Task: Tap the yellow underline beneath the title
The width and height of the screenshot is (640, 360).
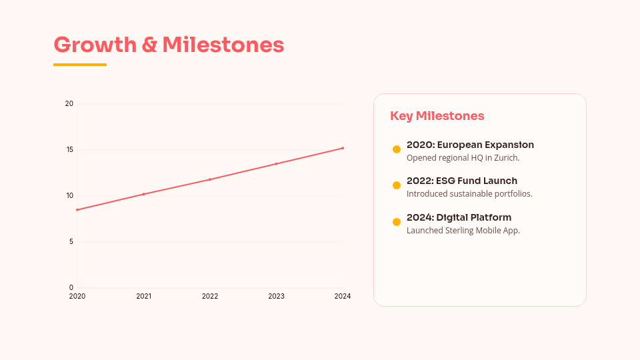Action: [x=80, y=65]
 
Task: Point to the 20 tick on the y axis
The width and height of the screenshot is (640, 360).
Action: [x=69, y=103]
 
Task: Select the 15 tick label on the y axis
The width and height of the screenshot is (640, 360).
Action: [x=69, y=149]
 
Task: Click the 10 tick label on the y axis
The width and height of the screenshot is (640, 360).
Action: [x=69, y=195]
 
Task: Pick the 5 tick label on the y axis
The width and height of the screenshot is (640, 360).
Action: [x=71, y=241]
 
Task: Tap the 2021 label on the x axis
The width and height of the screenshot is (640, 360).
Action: [x=143, y=296]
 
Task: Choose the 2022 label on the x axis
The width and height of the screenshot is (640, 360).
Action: [x=210, y=296]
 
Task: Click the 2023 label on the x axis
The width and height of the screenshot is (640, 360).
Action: [x=276, y=296]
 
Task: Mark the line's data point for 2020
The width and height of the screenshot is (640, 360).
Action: [x=77, y=210]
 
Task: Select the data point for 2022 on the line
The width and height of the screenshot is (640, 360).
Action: [x=210, y=179]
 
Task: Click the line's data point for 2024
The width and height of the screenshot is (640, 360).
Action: [x=343, y=148]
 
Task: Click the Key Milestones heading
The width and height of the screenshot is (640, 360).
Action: [x=437, y=116]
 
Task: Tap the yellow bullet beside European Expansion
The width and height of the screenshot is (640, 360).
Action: [x=397, y=149]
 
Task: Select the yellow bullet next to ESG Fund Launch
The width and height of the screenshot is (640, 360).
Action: [x=397, y=185]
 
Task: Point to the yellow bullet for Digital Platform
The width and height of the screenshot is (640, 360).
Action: [x=397, y=222]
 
